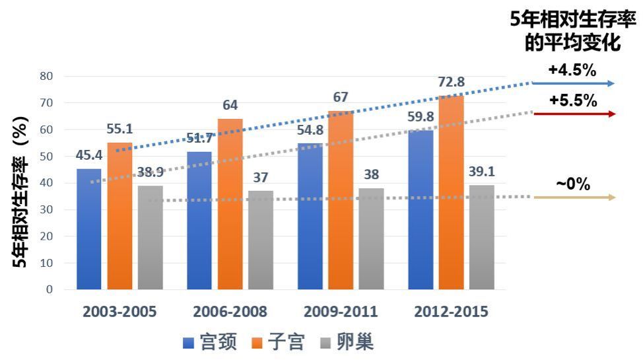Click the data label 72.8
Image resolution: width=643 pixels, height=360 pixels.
[x=452, y=83]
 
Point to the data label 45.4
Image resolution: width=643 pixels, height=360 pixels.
[x=89, y=156]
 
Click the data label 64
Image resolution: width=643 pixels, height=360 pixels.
[x=230, y=106]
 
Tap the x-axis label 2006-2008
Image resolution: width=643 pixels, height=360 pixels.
[x=230, y=312]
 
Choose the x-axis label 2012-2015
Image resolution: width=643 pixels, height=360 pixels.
[x=452, y=312]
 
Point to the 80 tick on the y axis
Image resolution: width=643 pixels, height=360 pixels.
[x=46, y=76]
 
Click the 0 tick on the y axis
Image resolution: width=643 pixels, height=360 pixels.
[x=50, y=289]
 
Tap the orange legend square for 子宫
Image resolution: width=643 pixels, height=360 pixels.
[x=257, y=343]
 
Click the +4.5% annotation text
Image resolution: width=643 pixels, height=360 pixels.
[x=572, y=70]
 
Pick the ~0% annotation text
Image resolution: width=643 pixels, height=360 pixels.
[x=573, y=184]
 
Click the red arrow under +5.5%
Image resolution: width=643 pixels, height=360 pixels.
[x=574, y=114]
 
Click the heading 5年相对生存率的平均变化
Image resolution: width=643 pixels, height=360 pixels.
[x=573, y=31]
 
